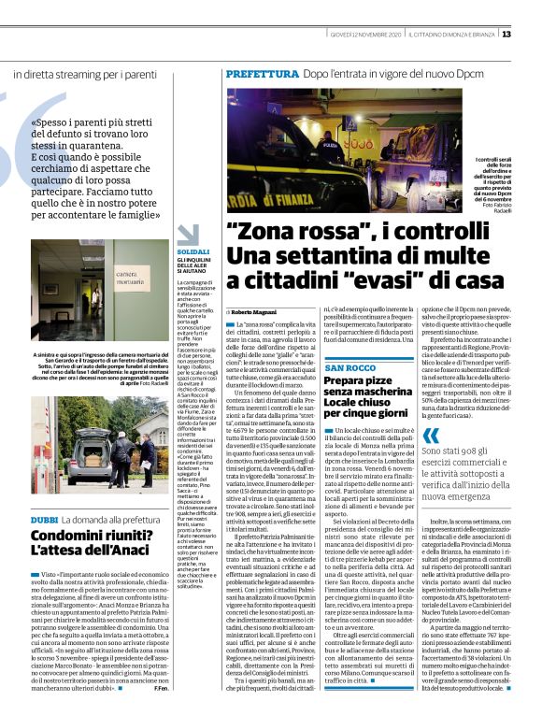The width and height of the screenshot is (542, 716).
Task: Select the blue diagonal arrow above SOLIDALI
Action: (x=186, y=235)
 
